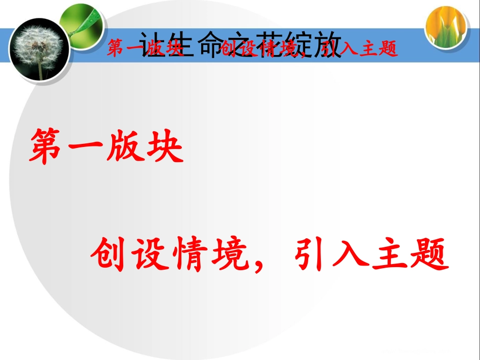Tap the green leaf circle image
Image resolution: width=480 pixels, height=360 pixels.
click(x=81, y=22)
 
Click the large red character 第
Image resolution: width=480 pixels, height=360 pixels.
click(x=48, y=147)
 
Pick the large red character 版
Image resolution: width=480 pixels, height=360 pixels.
click(x=124, y=147)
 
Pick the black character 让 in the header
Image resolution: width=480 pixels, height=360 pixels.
click(x=152, y=45)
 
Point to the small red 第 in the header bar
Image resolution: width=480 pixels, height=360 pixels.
click(x=116, y=49)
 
